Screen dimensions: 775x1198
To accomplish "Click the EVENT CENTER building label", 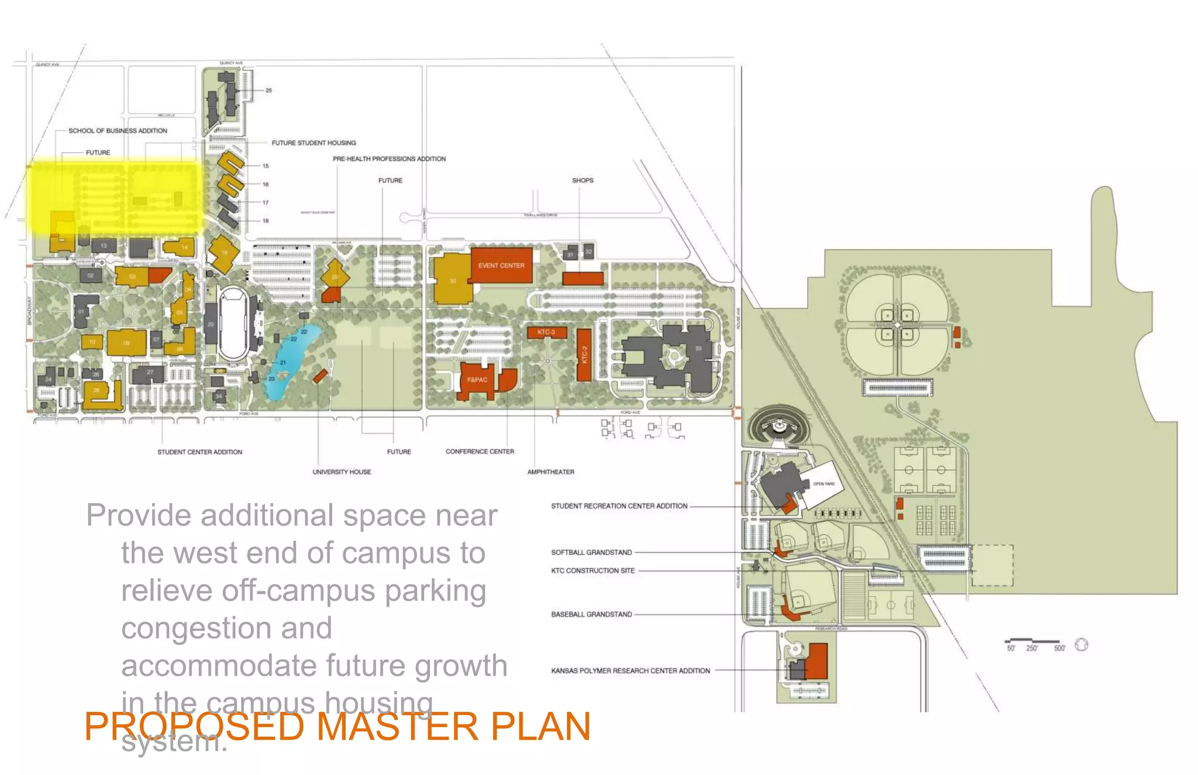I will (x=501, y=266).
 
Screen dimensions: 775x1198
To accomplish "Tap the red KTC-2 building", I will (x=584, y=354).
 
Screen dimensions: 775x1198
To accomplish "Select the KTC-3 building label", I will (x=546, y=332).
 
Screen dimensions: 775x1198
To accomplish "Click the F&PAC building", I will (x=477, y=380).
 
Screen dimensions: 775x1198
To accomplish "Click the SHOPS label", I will (x=582, y=180).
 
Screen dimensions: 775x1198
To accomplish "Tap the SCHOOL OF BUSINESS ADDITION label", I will (x=118, y=130).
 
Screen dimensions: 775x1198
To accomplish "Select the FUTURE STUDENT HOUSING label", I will (x=314, y=143).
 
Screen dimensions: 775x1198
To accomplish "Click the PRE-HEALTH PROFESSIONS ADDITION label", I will (x=389, y=159).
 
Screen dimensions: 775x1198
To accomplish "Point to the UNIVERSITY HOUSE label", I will (x=342, y=472).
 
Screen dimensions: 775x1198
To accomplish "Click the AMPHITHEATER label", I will (x=550, y=472).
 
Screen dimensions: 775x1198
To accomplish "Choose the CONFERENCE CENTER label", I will (x=480, y=452).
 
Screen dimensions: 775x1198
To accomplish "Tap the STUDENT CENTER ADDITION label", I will (x=199, y=452).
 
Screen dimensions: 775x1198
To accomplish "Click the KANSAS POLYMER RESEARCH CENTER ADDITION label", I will (x=630, y=671).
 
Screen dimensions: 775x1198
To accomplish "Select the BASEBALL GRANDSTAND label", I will (x=591, y=614).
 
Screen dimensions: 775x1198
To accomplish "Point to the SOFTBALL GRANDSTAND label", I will (x=591, y=552).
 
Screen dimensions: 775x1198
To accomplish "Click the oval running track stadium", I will (x=233, y=324).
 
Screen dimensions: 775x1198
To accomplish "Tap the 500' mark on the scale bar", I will (x=1059, y=648).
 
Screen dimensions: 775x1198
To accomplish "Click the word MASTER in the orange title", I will (x=397, y=726).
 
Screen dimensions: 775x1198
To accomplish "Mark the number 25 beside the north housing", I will (x=268, y=91).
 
